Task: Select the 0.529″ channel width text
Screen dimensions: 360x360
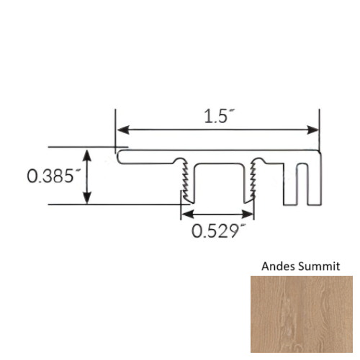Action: pos(215,232)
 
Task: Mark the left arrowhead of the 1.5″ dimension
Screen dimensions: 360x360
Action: pos(122,130)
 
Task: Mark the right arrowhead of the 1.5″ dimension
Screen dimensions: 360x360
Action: pos(315,130)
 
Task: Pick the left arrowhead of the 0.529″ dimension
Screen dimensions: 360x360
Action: pos(185,215)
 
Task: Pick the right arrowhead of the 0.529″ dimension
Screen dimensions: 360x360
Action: pos(249,215)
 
